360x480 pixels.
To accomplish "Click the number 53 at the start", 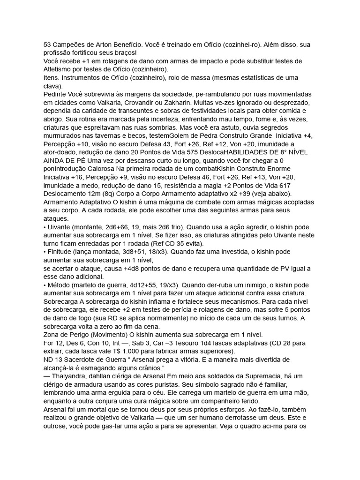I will (47, 45).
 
